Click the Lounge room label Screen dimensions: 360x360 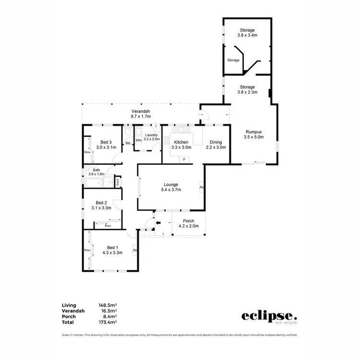170,187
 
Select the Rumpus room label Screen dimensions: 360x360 254,134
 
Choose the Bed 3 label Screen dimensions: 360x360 106,144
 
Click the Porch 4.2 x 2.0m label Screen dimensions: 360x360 188,224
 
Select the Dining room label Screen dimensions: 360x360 216,145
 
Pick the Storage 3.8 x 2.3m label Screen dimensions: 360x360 248,90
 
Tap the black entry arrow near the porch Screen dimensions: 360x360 159,222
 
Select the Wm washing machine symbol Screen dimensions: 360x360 138,140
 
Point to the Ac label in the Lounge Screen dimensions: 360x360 202,187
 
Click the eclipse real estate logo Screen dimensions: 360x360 269,317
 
